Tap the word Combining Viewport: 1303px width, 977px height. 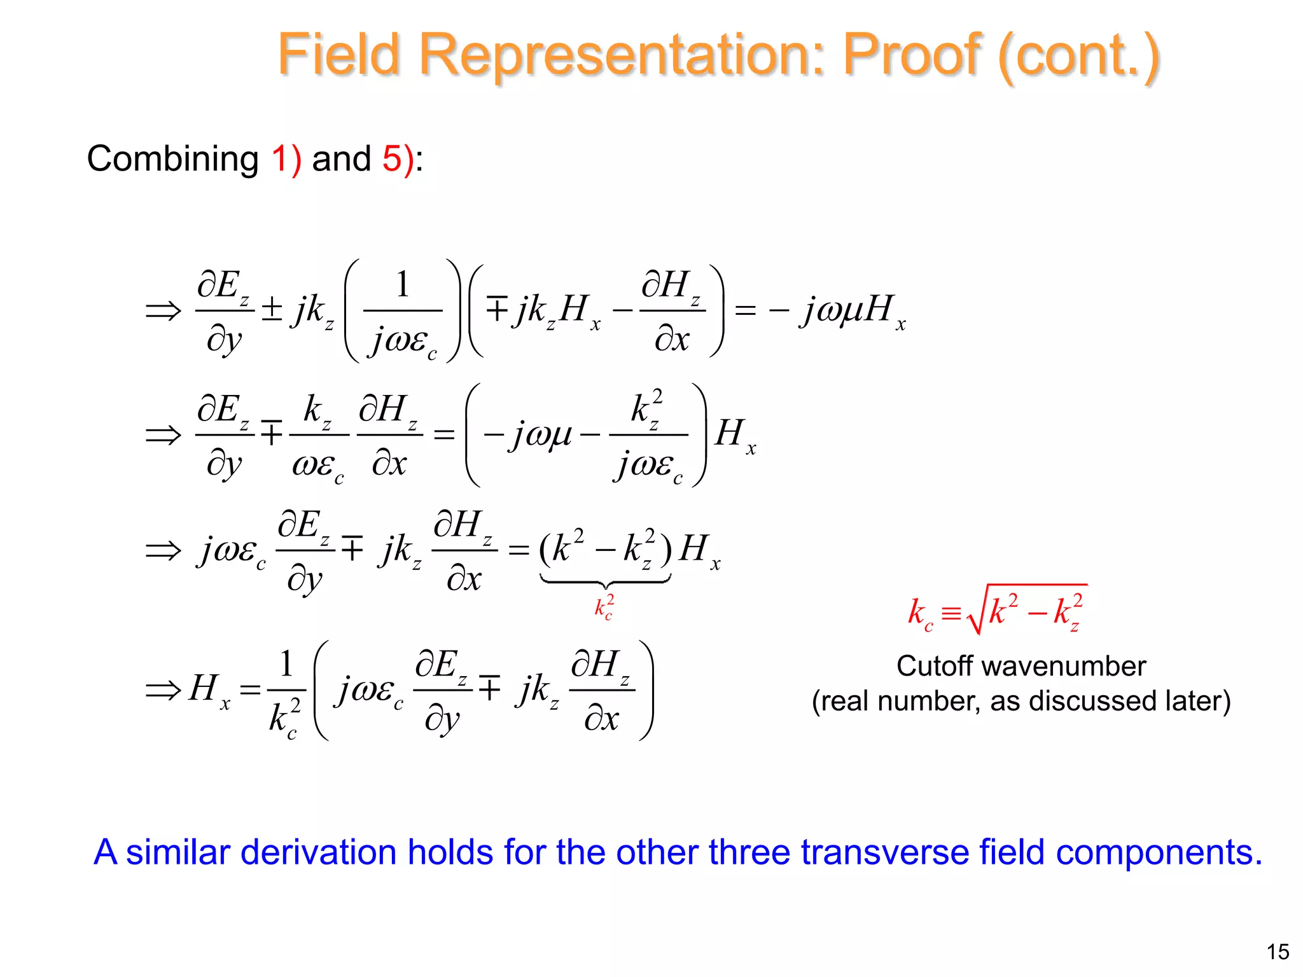click(172, 158)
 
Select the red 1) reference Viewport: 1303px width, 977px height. click(286, 158)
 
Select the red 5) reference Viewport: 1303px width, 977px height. click(397, 158)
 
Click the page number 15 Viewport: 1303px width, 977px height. click(1278, 952)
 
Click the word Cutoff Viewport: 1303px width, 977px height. click(935, 666)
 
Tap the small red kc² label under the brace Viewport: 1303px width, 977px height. click(604, 607)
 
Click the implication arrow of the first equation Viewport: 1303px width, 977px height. click(163, 311)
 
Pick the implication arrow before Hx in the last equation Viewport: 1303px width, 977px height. click(163, 689)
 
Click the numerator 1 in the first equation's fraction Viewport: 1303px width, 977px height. click(402, 284)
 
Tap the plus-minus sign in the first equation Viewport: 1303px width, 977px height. click(272, 309)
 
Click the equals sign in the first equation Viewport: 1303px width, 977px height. click(745, 310)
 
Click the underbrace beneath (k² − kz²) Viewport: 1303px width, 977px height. click(605, 581)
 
